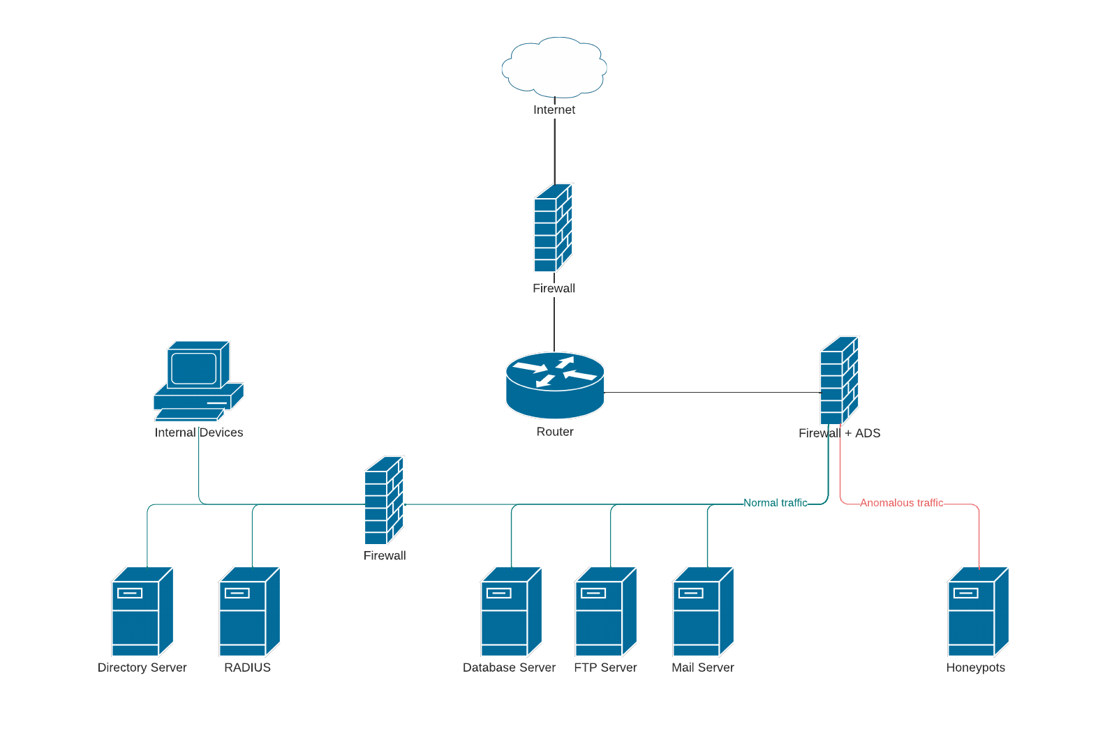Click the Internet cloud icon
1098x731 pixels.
554,67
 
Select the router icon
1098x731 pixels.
555,385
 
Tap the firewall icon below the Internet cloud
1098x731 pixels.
553,227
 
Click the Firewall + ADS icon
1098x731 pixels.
839,380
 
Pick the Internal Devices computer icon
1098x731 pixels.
198,381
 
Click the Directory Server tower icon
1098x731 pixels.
142,612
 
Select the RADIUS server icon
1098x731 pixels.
249,612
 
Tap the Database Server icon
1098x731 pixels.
511,612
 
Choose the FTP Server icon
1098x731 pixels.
606,612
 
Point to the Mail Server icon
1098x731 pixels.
703,612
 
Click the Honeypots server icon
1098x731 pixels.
978,612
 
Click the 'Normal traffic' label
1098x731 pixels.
775,503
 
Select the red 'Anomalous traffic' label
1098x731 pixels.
901,503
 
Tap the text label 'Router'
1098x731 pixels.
555,432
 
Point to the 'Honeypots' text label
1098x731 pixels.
975,668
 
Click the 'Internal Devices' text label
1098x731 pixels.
199,432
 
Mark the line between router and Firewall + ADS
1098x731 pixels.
712,393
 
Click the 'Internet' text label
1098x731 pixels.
554,110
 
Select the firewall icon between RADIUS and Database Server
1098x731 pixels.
384,500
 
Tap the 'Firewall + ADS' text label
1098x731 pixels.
839,433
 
